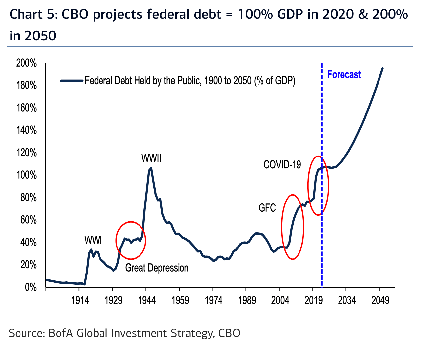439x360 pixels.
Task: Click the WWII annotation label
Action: pos(151,158)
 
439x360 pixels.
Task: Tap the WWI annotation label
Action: pos(93,240)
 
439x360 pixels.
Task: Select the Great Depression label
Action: pos(157,268)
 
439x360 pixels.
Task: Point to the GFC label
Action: pos(267,208)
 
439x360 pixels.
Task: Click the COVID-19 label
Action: pos(282,164)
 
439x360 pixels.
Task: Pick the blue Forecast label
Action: pos(344,75)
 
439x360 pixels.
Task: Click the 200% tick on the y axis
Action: pos(26,63)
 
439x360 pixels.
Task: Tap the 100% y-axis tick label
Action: pos(26,175)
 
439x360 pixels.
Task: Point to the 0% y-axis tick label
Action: pos(30,287)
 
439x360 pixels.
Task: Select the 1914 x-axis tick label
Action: pos(80,300)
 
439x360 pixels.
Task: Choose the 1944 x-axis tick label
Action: pos(147,300)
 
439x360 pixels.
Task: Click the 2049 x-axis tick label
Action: pos(380,300)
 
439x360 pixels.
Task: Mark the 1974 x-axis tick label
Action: pos(214,300)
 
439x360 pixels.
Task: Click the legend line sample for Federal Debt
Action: pos(71,80)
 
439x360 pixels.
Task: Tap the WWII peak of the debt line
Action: pos(151,168)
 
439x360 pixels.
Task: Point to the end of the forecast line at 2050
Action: pos(382,68)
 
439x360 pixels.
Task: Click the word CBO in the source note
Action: pos(229,333)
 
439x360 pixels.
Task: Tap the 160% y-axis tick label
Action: pos(26,108)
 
